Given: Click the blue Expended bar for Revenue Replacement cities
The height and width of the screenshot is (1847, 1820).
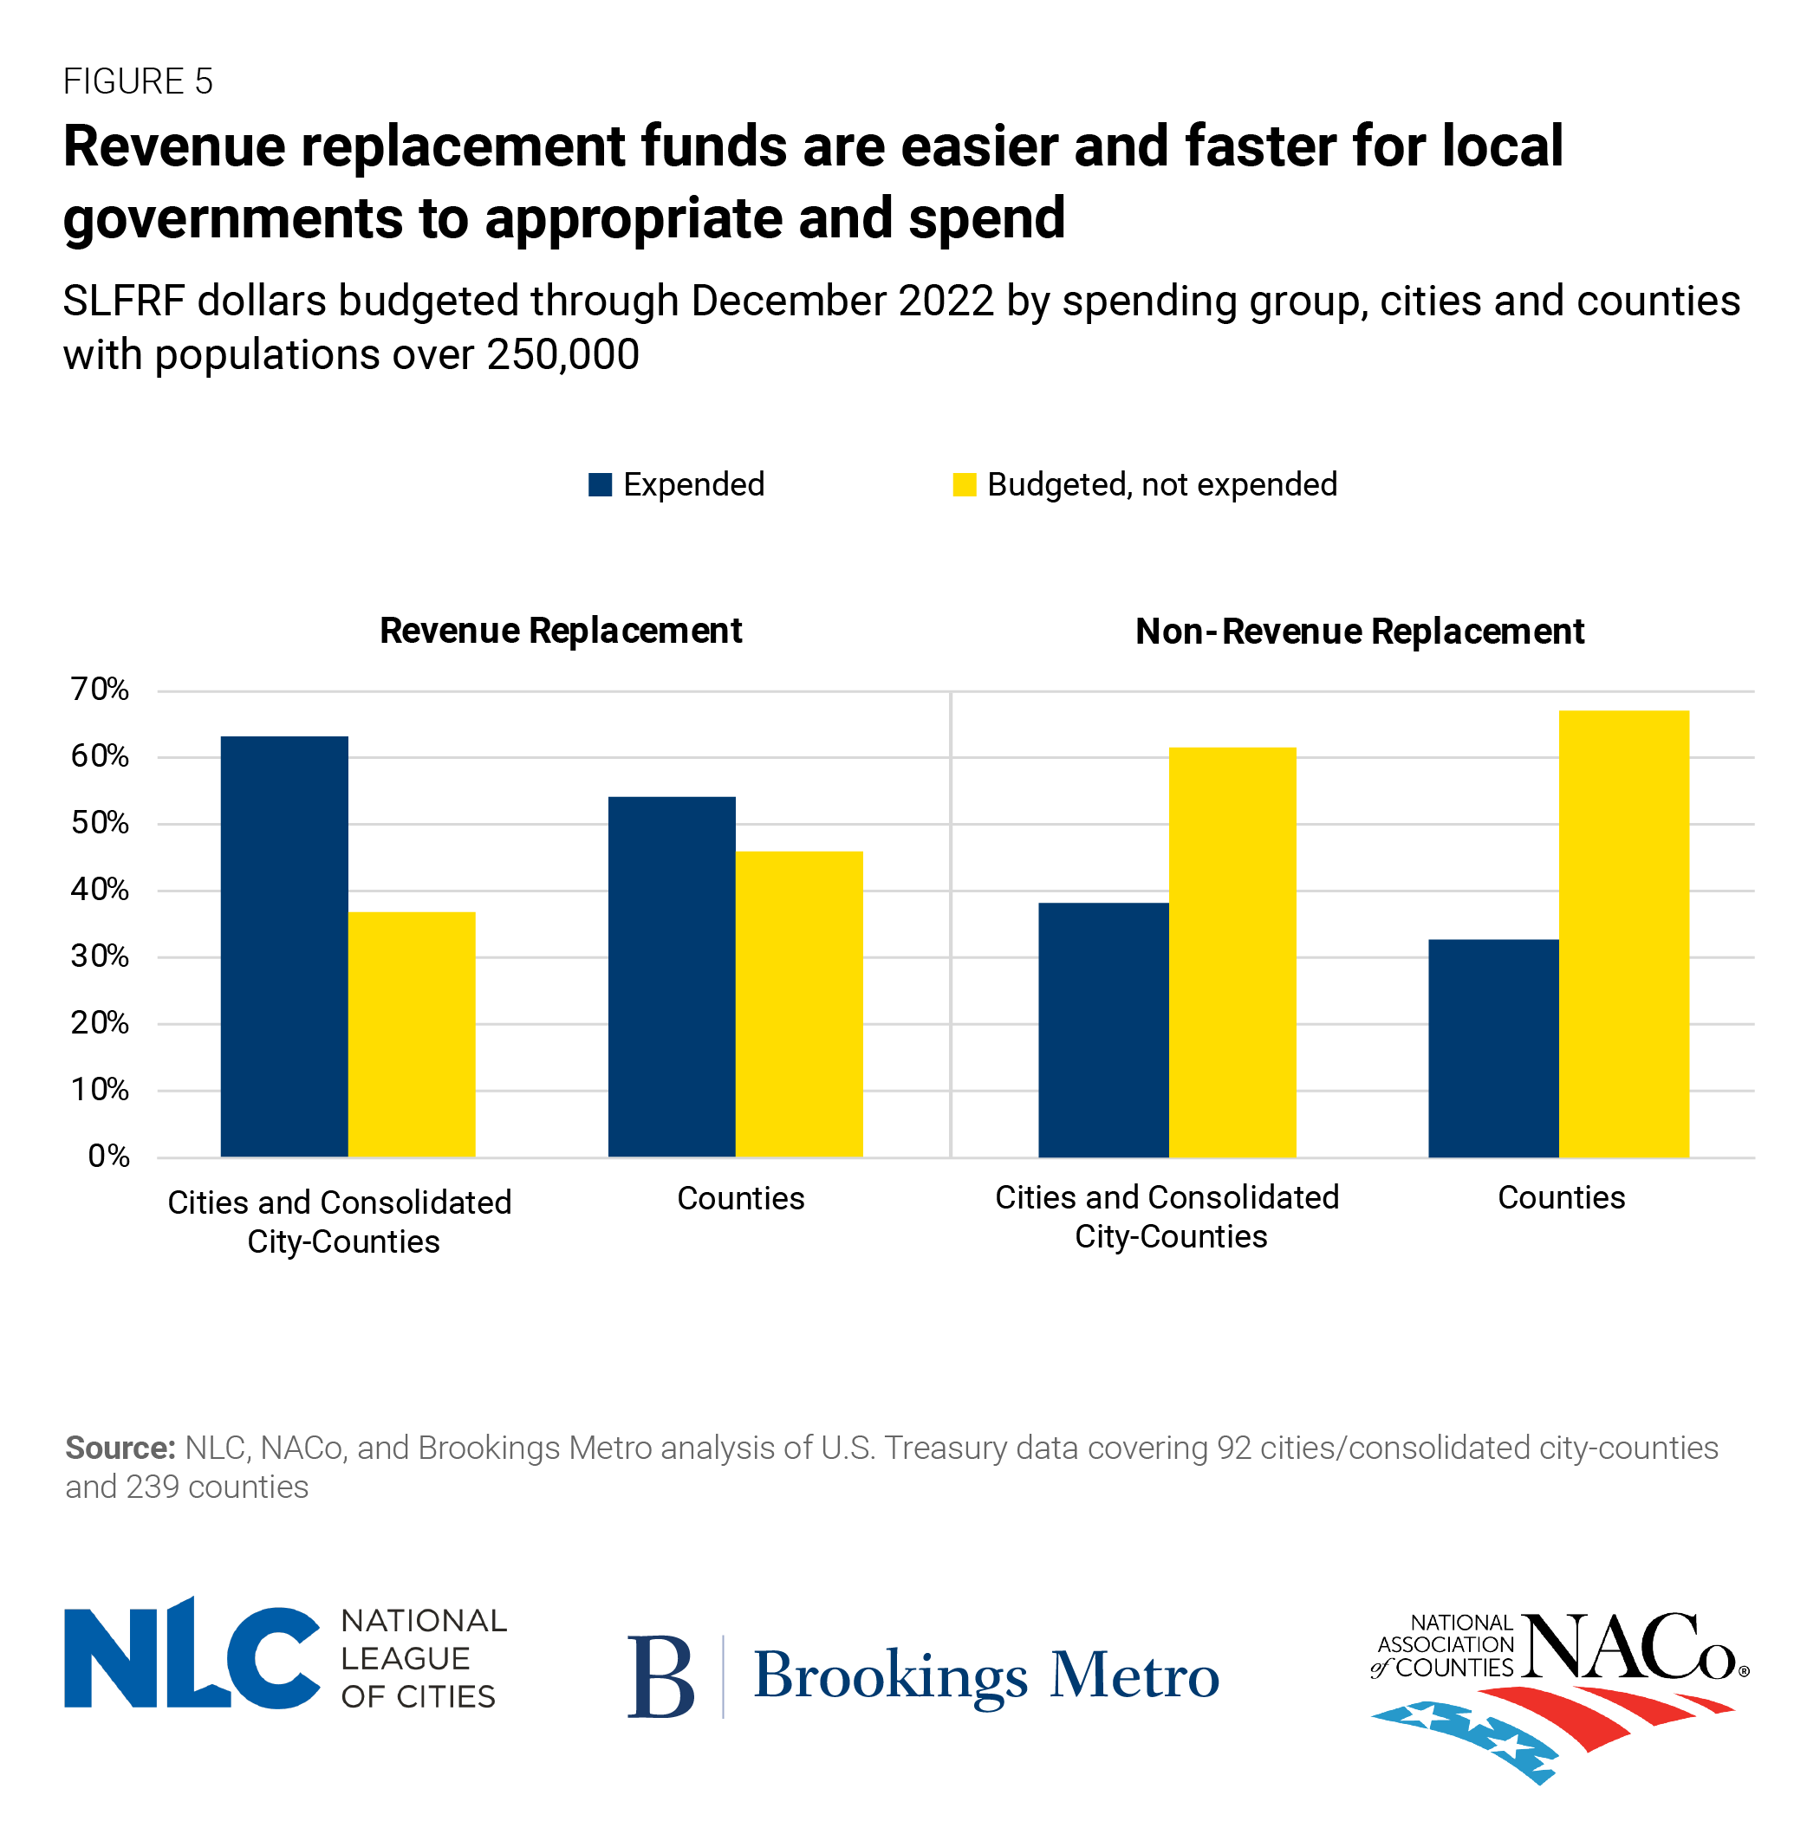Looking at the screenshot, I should tap(284, 946).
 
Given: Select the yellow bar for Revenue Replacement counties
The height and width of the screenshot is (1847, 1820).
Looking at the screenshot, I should tap(799, 1003).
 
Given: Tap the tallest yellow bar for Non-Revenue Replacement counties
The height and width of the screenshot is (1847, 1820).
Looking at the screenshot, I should tap(1623, 934).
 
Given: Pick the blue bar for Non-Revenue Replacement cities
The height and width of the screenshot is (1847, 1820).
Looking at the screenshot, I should tap(1103, 1029).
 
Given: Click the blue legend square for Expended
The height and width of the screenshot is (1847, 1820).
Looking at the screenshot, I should tap(600, 484).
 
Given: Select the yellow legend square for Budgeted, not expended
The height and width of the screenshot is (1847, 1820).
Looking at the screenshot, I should tap(964, 484).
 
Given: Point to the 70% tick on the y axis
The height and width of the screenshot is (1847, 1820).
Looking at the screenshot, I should tap(100, 689).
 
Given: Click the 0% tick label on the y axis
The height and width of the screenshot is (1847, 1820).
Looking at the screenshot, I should tap(108, 1157).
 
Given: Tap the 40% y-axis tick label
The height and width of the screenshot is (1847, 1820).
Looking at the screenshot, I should tap(100, 890).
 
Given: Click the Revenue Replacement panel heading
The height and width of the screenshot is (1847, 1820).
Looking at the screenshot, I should tap(560, 631).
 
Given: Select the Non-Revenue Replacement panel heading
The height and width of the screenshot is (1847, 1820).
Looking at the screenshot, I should tap(1358, 632).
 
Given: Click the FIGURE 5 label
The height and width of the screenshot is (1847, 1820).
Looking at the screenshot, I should tap(138, 81).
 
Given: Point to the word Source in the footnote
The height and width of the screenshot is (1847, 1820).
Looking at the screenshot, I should tap(120, 1448).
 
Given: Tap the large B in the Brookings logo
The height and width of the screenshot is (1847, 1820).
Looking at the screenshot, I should tap(660, 1677).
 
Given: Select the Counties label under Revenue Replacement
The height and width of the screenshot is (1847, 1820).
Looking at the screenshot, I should tap(741, 1198).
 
